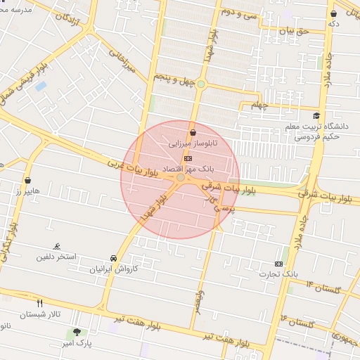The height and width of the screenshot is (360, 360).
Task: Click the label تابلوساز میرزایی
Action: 193,143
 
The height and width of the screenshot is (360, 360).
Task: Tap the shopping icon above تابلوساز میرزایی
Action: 193,132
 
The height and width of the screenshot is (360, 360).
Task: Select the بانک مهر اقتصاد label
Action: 187,169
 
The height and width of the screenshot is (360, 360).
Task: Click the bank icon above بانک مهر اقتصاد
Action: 187,159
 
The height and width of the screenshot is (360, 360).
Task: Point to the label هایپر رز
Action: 29,191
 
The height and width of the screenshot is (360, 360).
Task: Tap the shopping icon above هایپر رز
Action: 27,181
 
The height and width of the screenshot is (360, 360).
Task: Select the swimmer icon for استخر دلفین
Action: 56,246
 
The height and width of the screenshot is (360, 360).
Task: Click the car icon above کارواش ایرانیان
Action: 114,258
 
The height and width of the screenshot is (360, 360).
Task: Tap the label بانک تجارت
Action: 278,274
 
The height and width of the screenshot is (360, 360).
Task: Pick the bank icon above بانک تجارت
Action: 279,263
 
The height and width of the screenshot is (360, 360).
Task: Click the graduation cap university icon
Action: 316,116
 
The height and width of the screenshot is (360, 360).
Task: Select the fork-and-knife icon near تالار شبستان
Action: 40,304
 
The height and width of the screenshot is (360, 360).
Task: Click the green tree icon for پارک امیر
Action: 77,332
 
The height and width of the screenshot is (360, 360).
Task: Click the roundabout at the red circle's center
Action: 181,179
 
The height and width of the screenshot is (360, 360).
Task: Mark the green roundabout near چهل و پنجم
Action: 201,84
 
